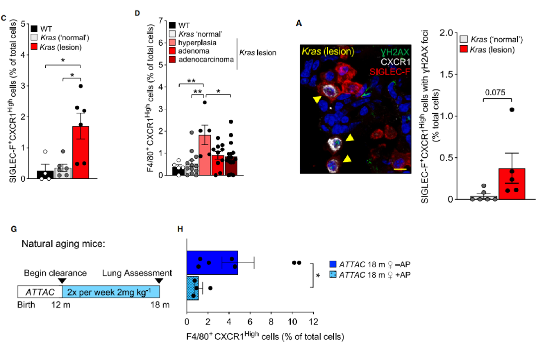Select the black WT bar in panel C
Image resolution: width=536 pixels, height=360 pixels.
[x=45, y=174]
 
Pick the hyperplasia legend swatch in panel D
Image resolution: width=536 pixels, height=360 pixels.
[x=172, y=43]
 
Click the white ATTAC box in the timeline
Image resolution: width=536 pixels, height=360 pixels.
[x=39, y=291]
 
